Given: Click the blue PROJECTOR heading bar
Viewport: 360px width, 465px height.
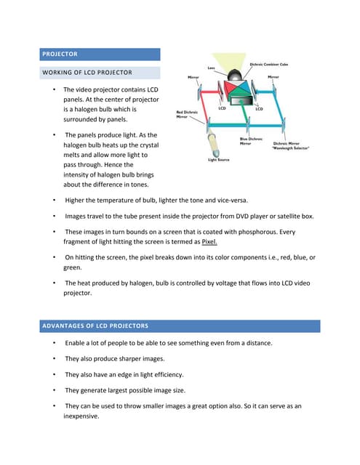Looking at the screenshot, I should point(100,54).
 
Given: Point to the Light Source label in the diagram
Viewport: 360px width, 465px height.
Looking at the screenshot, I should point(219,159).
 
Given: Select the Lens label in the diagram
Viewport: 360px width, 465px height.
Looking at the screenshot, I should point(211,68).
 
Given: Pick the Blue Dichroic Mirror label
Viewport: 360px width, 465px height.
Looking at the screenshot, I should point(252,140).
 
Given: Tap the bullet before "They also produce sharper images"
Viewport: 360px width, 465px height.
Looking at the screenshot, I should point(55,359).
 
